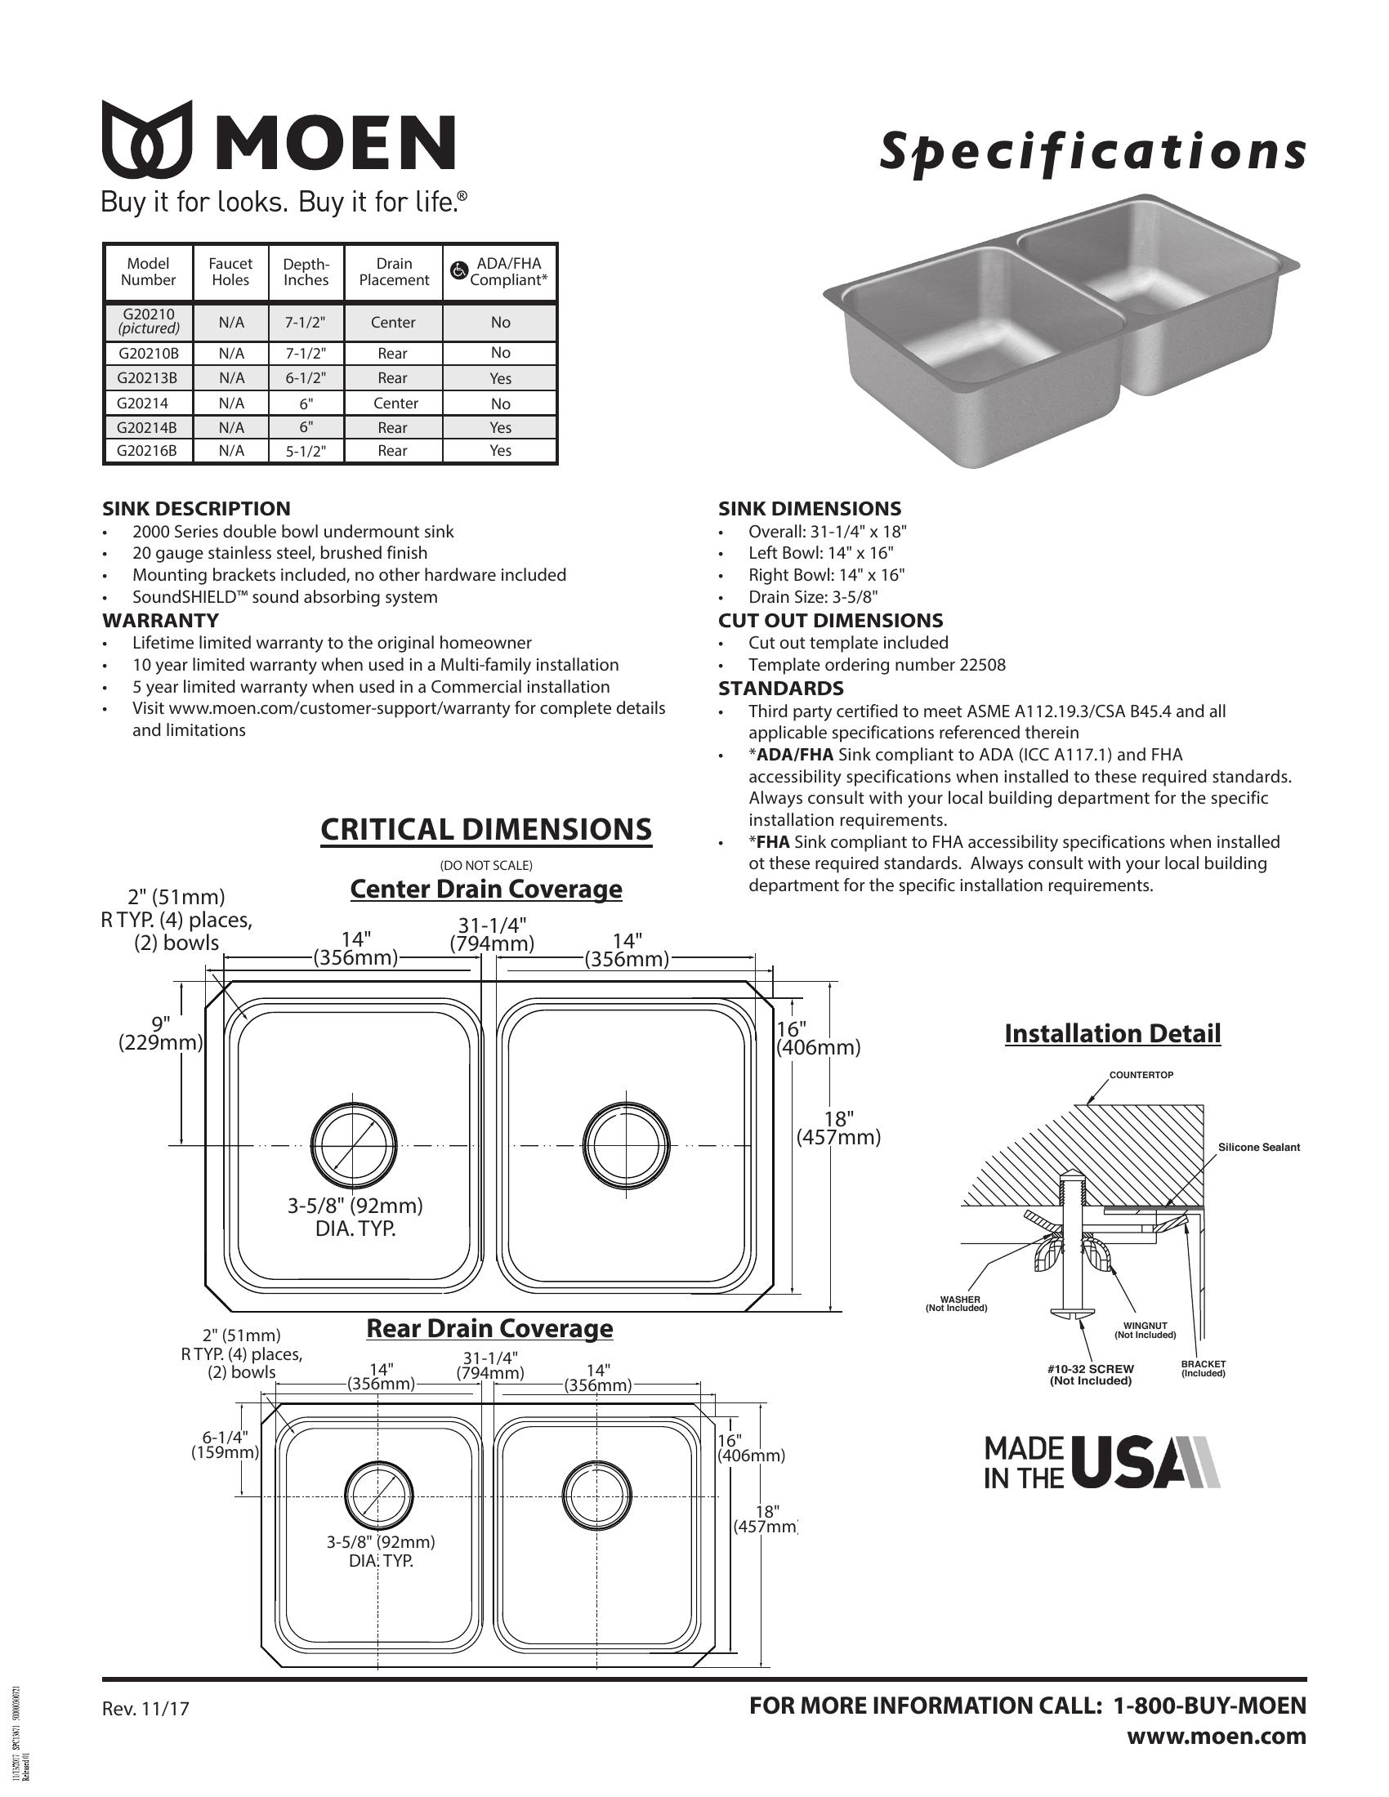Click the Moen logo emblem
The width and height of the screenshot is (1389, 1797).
(146, 140)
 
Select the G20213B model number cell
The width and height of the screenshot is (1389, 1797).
(148, 378)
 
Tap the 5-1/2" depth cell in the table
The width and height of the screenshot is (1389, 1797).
(306, 451)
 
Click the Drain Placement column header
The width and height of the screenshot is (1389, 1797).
(393, 272)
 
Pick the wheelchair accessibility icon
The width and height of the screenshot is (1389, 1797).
(459, 270)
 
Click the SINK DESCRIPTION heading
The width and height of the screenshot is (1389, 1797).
(196, 509)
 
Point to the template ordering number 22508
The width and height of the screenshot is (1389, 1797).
(981, 665)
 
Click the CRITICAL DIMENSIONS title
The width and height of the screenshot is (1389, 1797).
(485, 829)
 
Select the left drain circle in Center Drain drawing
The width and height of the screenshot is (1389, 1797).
(354, 1144)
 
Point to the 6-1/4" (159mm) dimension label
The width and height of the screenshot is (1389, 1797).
(225, 1445)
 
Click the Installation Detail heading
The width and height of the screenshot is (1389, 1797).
(1113, 1033)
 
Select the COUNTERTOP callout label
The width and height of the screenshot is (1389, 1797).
(1141, 1076)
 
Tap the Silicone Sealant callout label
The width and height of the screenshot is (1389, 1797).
(1258, 1148)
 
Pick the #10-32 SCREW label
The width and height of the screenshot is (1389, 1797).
(1090, 1369)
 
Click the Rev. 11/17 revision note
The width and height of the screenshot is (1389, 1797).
(145, 1709)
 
